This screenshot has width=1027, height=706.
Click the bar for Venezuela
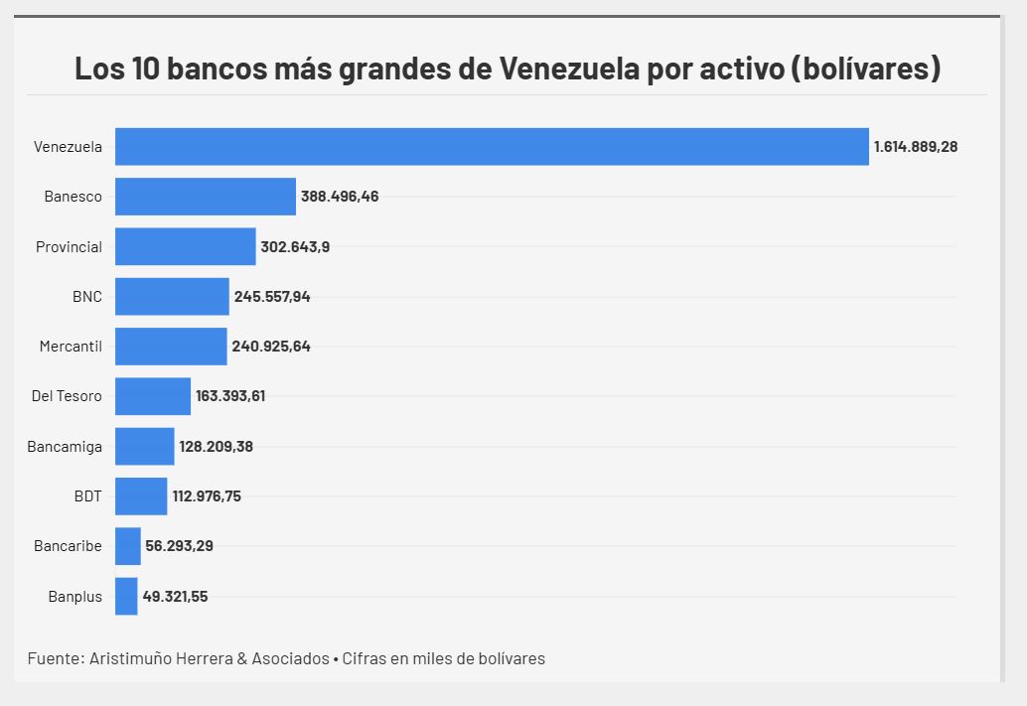[492, 147]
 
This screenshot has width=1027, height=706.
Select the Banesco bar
[206, 197]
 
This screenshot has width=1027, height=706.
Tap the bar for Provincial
[186, 246]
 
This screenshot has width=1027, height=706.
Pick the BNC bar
[172, 296]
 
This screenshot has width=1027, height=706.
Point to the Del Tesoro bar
[153, 396]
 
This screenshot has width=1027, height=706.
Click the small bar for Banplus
[126, 597]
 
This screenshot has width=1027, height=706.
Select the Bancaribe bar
[128, 546]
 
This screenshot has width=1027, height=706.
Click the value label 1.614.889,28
[915, 147]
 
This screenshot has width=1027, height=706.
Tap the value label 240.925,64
[271, 347]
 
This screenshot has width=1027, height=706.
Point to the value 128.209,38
[216, 447]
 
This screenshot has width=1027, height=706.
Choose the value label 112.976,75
[207, 496]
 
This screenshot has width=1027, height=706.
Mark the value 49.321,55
[175, 597]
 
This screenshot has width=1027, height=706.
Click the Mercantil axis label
[71, 347]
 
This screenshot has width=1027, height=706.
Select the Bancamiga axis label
[65, 447]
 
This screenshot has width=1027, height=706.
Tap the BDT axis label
[87, 496]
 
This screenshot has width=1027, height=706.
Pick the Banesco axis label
[73, 197]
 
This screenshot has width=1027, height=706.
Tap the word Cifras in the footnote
[366, 658]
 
